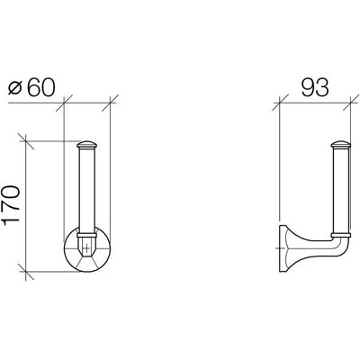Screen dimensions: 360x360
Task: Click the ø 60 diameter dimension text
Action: [x=31, y=88]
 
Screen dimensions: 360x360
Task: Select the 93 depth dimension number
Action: [x=315, y=88]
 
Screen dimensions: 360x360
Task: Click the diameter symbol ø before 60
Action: [x=15, y=88]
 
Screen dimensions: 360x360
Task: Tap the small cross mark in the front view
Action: [x=86, y=247]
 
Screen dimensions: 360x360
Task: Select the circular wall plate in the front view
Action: [x=87, y=249]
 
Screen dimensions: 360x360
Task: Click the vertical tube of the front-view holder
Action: [x=87, y=191]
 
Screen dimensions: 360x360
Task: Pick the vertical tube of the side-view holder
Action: [x=340, y=191]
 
